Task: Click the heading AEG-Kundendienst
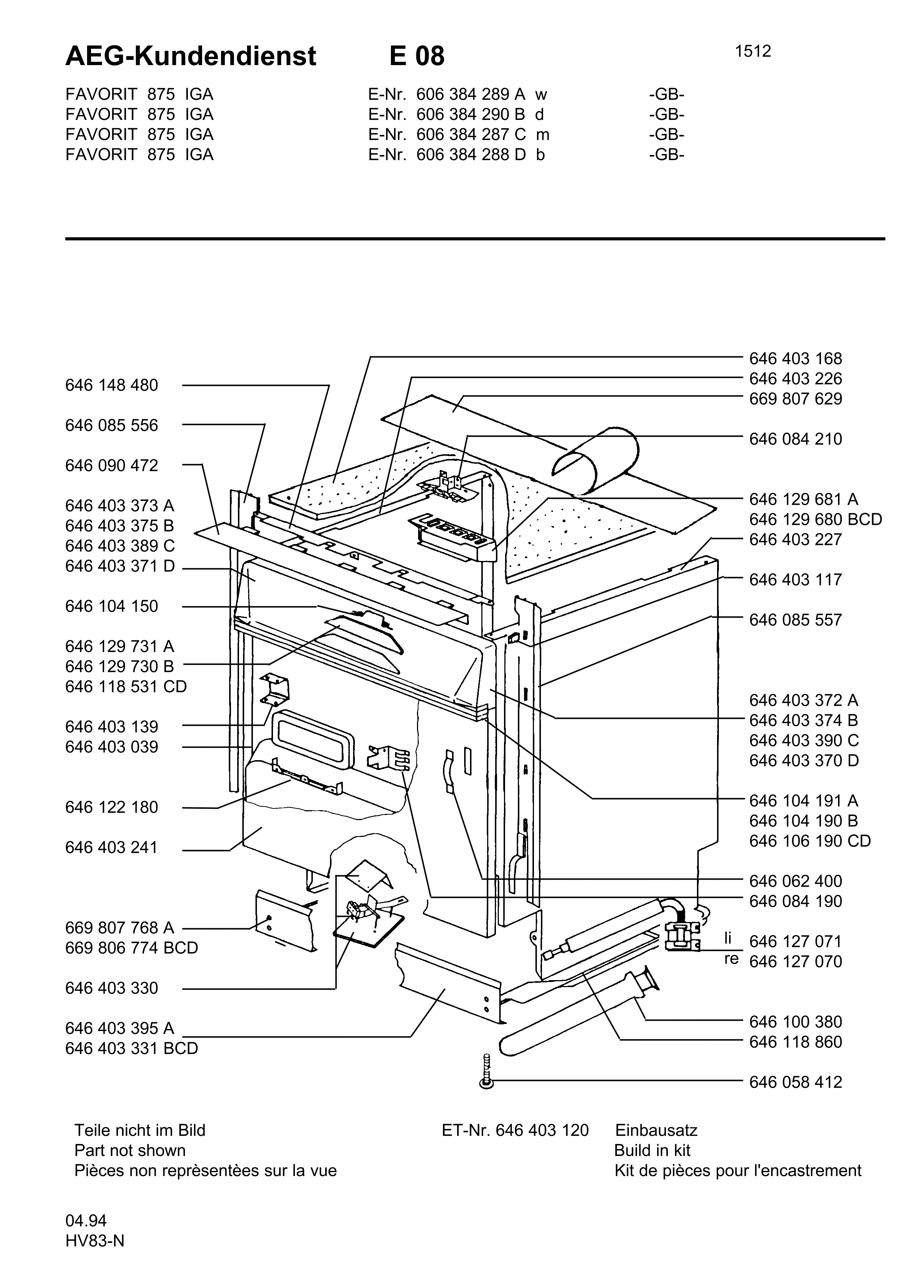click(x=190, y=56)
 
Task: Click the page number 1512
click(x=753, y=52)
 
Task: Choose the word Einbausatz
click(x=656, y=1130)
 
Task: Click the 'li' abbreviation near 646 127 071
click(x=727, y=938)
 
